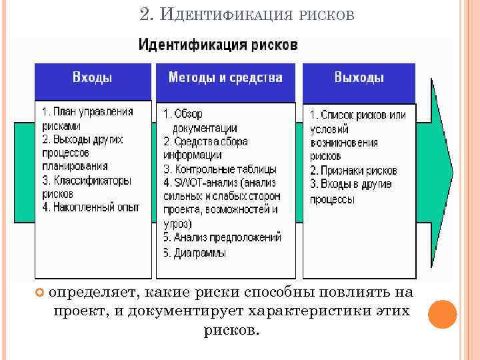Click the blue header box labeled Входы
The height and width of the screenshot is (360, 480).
[x=92, y=78]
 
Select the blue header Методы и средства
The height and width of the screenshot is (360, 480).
[x=225, y=78]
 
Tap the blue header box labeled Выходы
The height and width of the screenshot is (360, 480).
[x=359, y=78]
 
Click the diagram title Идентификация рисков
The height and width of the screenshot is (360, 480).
[x=217, y=46]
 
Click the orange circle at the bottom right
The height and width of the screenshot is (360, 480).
[x=442, y=314]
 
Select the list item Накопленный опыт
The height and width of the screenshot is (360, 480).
[x=91, y=207]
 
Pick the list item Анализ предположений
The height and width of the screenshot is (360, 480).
[x=222, y=237]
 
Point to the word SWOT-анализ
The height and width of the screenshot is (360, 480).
[x=199, y=183]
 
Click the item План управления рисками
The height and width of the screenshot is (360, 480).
[x=87, y=118]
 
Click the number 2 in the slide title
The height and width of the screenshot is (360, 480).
[x=146, y=14]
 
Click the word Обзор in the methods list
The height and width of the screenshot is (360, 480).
[x=190, y=115]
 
